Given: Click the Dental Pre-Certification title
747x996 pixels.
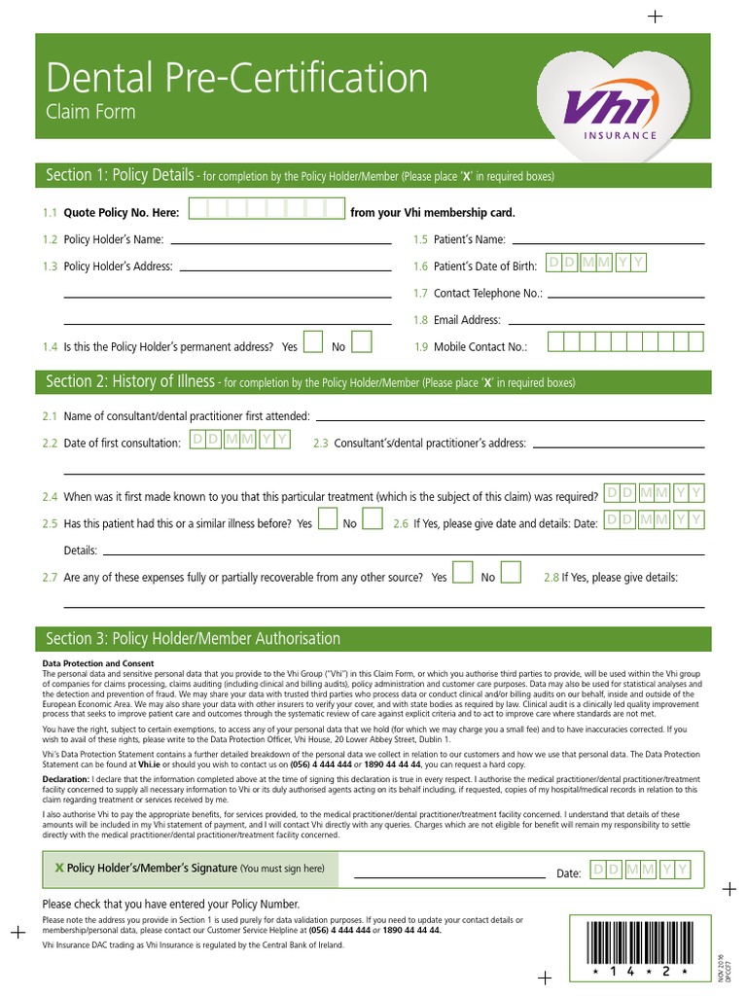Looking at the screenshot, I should point(236,78).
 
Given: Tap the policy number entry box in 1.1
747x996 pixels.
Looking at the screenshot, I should point(267,210).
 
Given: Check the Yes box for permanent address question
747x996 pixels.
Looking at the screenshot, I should point(313,342).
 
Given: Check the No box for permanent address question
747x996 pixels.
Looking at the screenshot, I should point(361,342).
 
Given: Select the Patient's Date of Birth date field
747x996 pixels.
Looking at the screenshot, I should point(594,264).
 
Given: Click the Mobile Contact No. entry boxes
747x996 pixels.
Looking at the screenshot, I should point(625,342).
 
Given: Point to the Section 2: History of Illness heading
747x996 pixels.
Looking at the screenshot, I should point(131,382).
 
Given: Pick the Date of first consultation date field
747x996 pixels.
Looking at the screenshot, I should point(239,441).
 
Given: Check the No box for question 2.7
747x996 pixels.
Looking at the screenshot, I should point(511,573).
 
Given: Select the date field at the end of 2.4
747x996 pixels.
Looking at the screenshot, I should point(655,493).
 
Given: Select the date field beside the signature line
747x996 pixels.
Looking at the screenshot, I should point(641,869).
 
